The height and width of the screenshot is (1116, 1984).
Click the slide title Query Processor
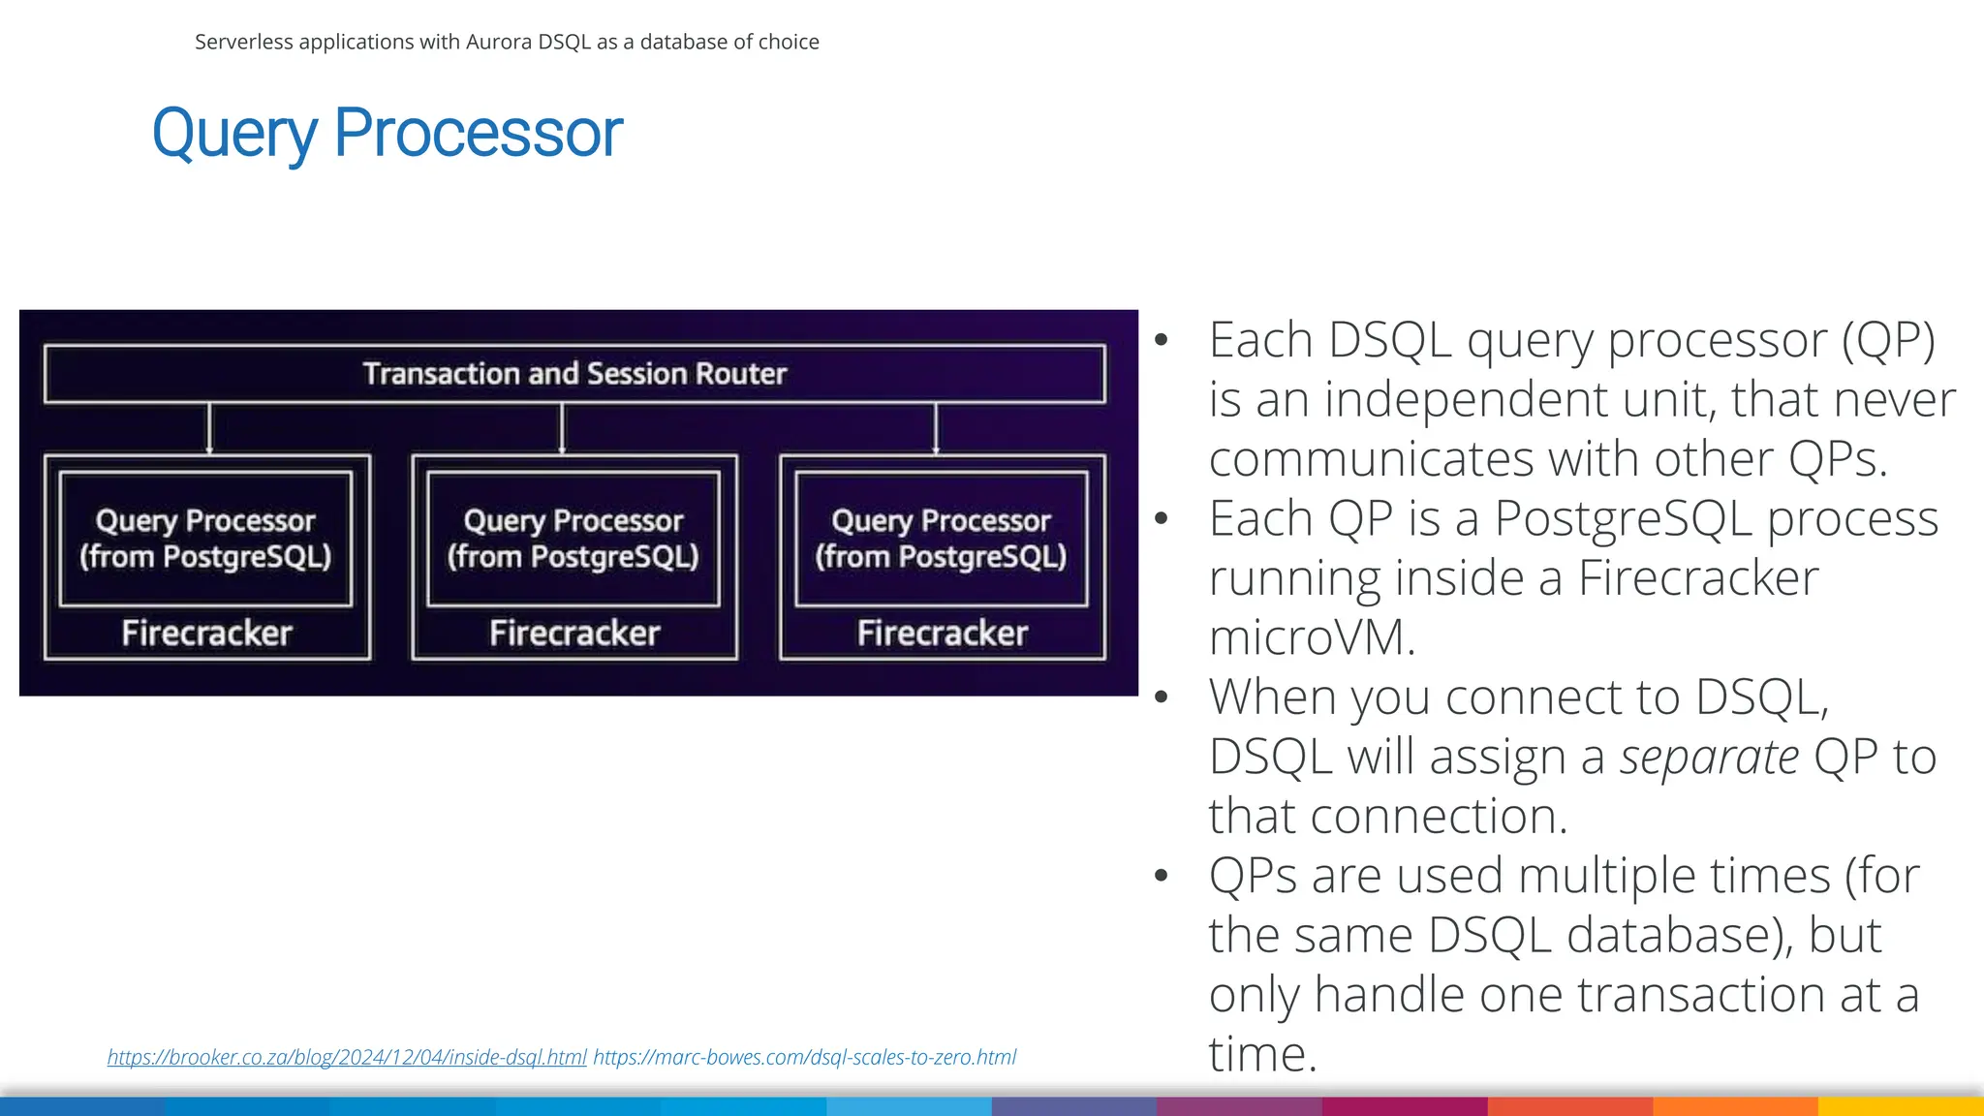point(387,133)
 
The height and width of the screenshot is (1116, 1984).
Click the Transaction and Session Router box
point(574,374)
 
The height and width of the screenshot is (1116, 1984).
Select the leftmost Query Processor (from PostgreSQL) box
point(205,539)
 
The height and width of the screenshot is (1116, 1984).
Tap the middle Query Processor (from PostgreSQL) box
point(573,539)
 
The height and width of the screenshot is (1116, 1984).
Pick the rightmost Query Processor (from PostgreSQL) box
point(941,539)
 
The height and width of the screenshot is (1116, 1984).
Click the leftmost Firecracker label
point(206,634)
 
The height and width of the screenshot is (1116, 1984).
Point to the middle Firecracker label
point(574,634)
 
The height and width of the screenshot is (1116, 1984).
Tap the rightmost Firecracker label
point(942,634)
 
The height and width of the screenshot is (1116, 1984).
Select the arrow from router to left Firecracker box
point(209,428)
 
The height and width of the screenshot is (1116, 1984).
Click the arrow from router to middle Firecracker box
point(562,428)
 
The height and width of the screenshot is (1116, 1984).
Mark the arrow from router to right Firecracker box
point(936,428)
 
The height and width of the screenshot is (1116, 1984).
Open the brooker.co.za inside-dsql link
point(347,1057)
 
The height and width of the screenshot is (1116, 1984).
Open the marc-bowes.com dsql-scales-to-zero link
point(804,1057)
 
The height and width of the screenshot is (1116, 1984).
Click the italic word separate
point(1710,758)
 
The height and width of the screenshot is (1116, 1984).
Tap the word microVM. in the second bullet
point(1312,638)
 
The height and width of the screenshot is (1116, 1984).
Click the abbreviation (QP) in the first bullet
point(1888,341)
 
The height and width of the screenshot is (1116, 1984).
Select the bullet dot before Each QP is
point(1162,518)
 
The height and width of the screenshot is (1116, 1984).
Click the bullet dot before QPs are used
point(1162,876)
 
